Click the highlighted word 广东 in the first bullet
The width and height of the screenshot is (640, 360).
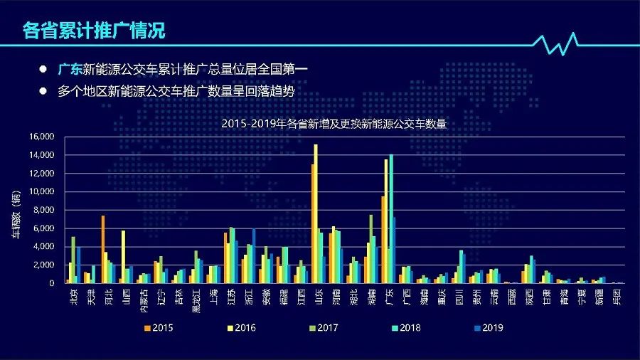[70, 70]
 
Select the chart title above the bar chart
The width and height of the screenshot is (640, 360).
[333, 123]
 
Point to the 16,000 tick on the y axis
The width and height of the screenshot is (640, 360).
[41, 137]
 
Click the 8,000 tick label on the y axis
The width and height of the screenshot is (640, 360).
[43, 210]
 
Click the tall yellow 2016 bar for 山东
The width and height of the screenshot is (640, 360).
[316, 213]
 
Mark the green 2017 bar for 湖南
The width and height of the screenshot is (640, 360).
[370, 249]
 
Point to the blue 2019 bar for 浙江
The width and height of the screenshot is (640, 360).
[254, 255]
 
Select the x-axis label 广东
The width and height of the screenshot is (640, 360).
[387, 297]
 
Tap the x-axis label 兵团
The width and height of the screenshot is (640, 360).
[617, 297]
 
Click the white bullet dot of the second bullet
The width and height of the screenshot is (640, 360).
[43, 92]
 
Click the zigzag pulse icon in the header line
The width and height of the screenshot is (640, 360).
[559, 44]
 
